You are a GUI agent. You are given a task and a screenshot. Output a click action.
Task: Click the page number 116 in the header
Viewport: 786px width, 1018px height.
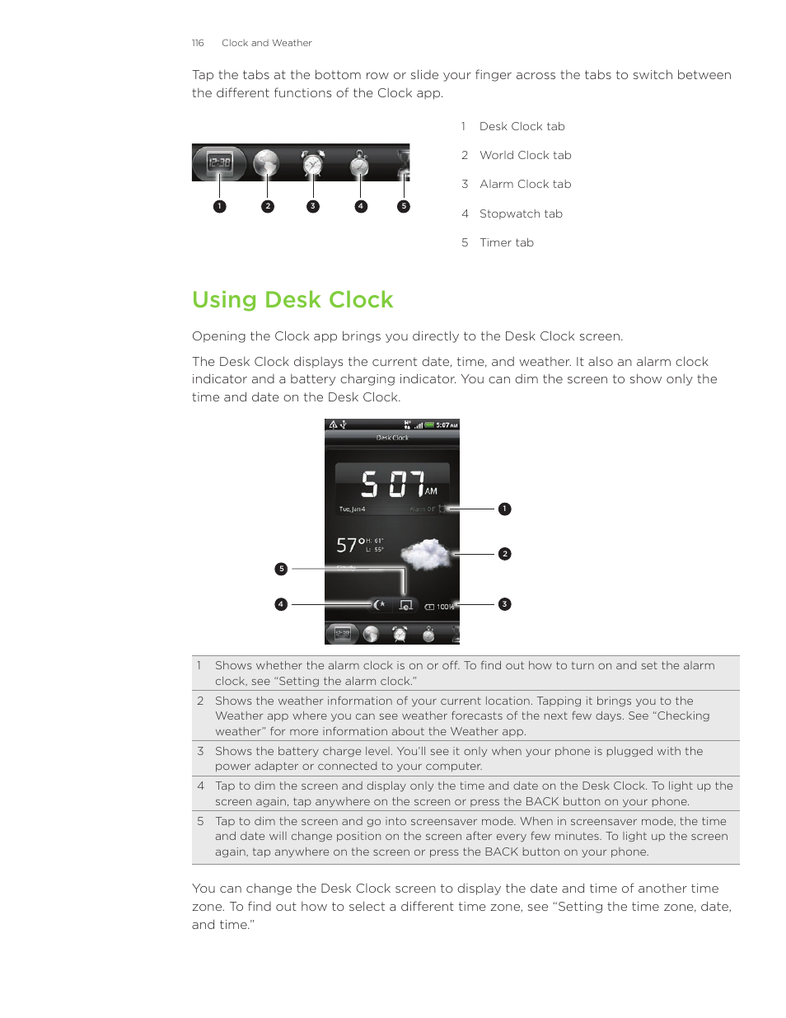click(198, 43)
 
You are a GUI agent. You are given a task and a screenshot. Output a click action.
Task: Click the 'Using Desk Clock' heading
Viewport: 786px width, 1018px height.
click(292, 300)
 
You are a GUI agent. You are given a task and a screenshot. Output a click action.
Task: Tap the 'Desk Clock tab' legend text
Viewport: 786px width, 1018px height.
click(522, 126)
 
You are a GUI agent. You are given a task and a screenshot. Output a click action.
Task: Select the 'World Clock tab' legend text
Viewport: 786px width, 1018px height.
click(525, 155)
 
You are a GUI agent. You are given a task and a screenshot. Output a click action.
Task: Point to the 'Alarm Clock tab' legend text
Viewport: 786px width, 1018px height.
click(525, 184)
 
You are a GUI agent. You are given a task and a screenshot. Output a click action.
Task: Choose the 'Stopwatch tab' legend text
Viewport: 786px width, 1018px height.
click(521, 213)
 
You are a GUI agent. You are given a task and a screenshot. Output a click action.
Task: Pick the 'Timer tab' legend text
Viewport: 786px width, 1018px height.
click(506, 242)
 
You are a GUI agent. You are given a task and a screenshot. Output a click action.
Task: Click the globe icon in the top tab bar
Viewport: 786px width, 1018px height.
click(266, 163)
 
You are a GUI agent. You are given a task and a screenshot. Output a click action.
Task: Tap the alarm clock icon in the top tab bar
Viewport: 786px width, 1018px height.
click(312, 163)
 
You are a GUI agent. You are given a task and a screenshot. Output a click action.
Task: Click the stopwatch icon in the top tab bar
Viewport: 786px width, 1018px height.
click(359, 164)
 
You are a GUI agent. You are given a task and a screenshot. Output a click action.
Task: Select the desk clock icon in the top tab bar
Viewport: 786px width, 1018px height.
click(219, 163)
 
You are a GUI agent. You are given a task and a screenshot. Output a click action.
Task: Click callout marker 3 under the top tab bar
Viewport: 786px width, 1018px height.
click(313, 206)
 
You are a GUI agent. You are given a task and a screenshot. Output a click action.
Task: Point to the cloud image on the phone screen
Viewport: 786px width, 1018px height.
click(425, 553)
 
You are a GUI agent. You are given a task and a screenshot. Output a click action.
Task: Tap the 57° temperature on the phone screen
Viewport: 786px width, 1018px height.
click(349, 545)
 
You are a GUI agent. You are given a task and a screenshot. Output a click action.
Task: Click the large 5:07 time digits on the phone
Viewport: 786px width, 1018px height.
click(393, 484)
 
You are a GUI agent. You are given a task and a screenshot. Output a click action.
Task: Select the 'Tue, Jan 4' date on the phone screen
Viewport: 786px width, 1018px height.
click(352, 509)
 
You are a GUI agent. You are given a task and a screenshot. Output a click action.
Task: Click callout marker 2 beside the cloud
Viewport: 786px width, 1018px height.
click(505, 554)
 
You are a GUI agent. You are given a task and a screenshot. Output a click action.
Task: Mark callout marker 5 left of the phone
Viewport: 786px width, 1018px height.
click(281, 569)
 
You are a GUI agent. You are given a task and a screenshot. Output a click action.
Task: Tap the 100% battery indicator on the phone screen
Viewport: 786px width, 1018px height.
click(441, 607)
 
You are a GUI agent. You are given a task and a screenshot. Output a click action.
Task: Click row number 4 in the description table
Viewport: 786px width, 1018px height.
click(200, 786)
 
